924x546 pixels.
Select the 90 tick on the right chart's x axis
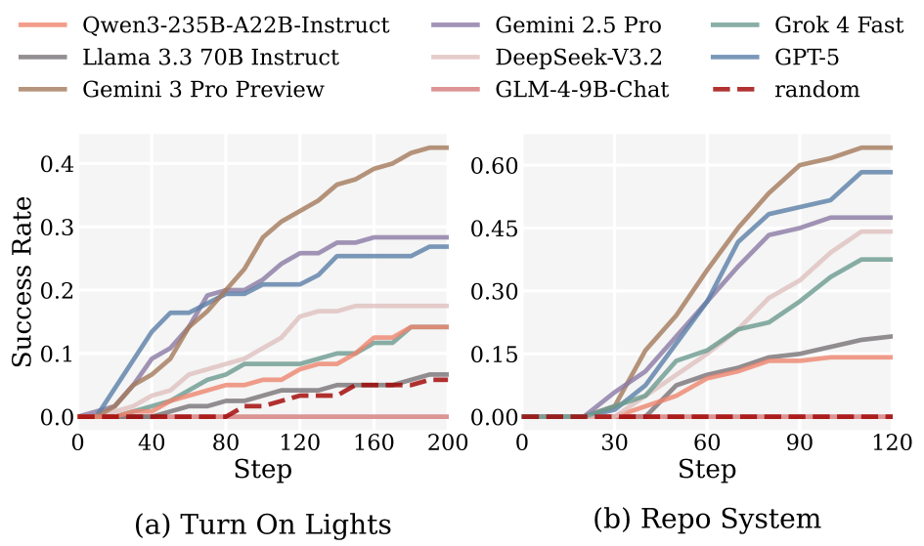(799, 441)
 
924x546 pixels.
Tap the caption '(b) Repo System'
(708, 518)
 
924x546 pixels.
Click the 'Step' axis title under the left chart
(262, 470)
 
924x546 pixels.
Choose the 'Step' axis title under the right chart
(706, 470)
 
